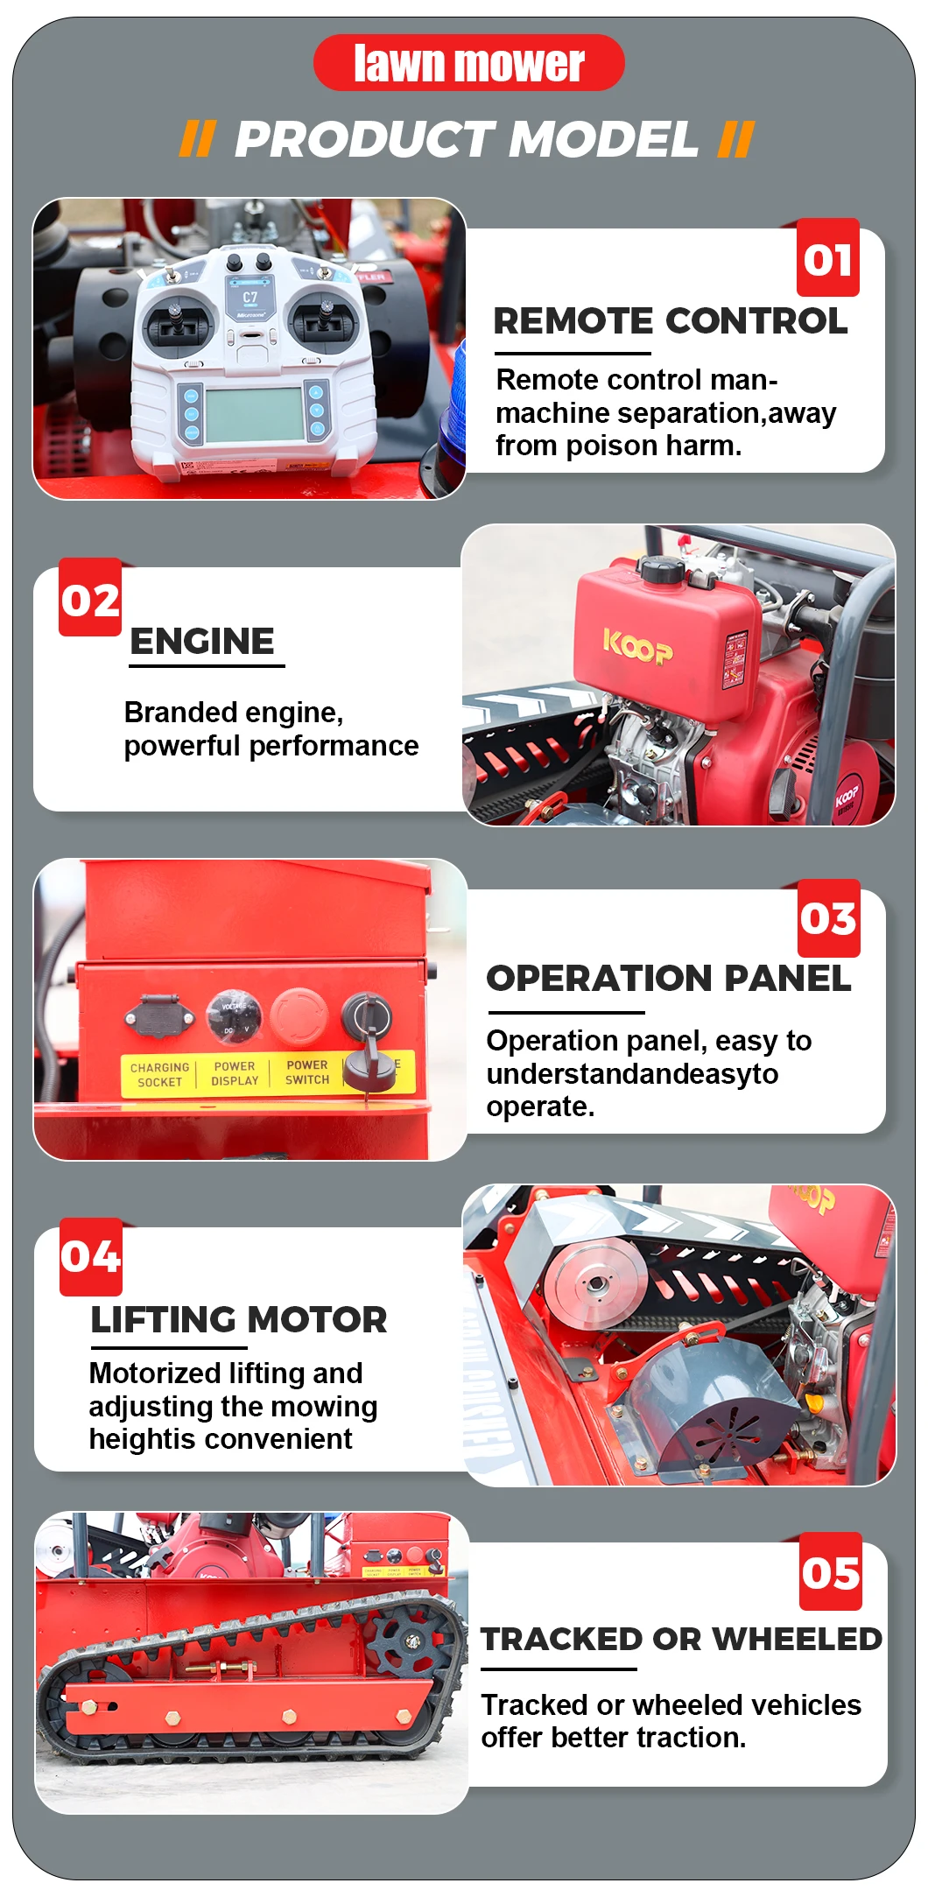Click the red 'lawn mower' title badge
pos(469,63)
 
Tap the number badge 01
pos(828,258)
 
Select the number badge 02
pos(90,598)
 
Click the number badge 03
pos(829,918)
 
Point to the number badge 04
pos(91,1256)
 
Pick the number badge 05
pos(831,1572)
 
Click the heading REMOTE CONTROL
pos(671,321)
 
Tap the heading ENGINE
pos(202,641)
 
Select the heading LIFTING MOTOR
pos(239,1319)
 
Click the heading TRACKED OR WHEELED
pos(682,1639)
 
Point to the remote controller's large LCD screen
pos(255,415)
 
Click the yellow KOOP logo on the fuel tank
pos(638,647)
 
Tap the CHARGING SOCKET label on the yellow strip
pos(159,1075)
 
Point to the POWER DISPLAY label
pos(235,1073)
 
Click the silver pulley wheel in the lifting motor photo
pos(595,1283)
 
